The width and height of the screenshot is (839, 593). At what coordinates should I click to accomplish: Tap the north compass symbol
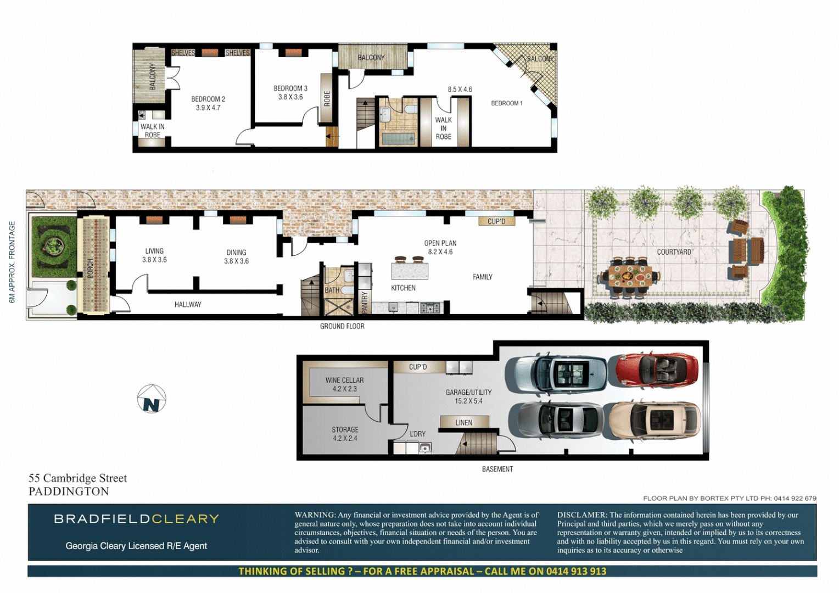152,399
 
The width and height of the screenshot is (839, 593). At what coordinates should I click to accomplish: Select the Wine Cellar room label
344,380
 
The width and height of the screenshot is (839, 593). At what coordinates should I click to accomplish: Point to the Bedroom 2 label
208,99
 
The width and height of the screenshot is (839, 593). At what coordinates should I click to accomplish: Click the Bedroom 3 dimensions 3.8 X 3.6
290,97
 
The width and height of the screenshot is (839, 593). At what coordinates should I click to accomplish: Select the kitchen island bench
409,271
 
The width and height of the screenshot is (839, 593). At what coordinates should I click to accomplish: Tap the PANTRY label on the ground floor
365,303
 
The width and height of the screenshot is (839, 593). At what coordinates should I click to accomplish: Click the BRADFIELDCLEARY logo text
136,519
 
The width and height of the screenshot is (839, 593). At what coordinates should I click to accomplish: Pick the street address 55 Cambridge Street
77,478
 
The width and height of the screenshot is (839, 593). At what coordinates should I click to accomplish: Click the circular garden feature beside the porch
53,246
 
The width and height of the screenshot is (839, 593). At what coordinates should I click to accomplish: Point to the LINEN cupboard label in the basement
463,423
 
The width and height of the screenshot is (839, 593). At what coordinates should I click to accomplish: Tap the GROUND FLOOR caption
342,326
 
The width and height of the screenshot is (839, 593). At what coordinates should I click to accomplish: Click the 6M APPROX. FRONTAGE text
12,262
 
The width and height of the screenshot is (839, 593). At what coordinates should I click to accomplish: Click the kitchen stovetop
430,308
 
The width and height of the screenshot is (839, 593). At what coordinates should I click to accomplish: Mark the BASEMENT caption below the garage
497,469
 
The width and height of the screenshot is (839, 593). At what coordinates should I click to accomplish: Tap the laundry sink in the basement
425,448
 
